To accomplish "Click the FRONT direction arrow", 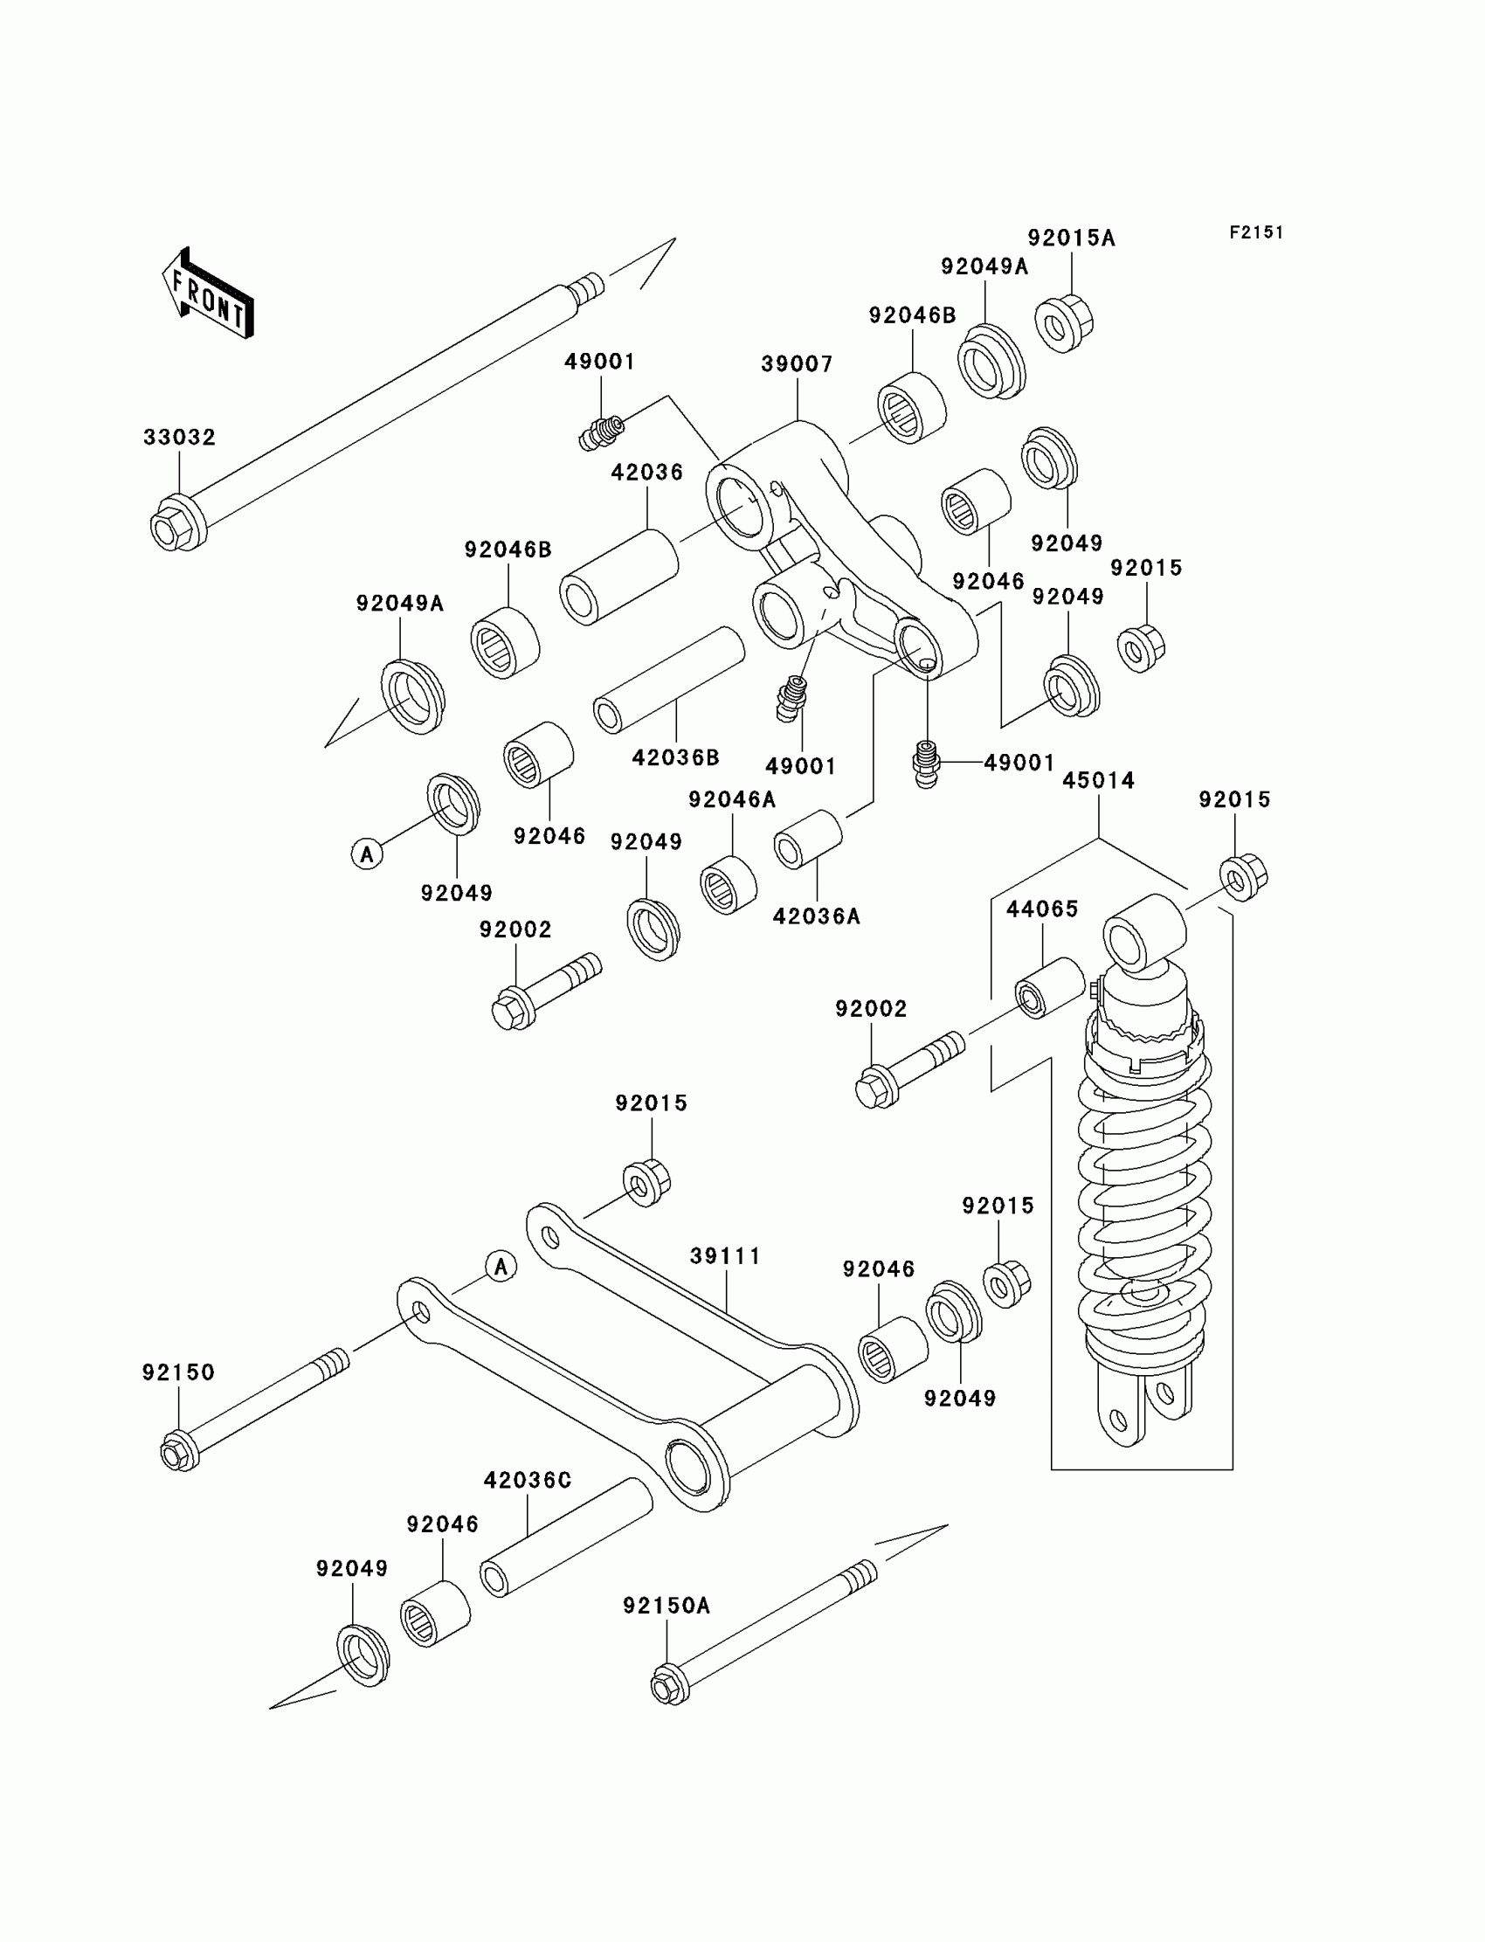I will (x=209, y=294).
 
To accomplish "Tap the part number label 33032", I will (x=179, y=438).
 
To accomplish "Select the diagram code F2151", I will (x=1256, y=232).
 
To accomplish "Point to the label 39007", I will (x=797, y=364).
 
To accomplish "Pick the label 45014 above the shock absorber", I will (x=1098, y=780).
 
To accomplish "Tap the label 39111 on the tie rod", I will (x=725, y=1256).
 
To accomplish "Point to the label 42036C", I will (x=528, y=1480).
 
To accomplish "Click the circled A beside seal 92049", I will (x=367, y=854).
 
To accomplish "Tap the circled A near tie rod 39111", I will (x=501, y=1267).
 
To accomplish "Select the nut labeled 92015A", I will (x=1063, y=323).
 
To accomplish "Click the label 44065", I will (x=1042, y=909).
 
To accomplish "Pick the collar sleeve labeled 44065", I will (x=1049, y=987).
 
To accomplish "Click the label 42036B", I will (x=675, y=757).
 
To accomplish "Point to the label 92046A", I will (x=732, y=799).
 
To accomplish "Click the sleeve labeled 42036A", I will (x=807, y=839).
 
